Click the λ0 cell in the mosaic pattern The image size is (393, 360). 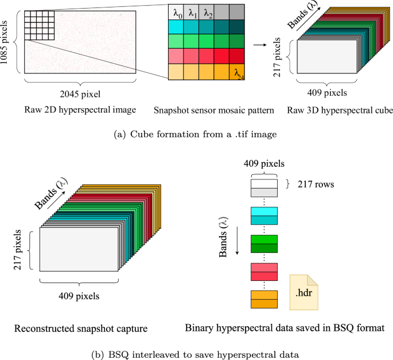176,11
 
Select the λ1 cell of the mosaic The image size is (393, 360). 192,11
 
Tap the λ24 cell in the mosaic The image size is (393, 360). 240,72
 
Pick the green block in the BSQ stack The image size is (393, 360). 263,244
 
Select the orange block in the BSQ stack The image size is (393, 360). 263,300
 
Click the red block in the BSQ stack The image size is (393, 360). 263,272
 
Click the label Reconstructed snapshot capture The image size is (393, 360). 82,328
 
